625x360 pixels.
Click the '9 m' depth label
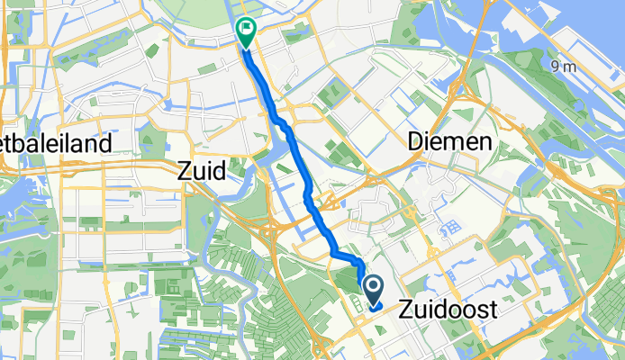(564, 67)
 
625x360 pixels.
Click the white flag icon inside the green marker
(245, 28)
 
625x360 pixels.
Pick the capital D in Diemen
(416, 141)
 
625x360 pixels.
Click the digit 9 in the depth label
(557, 67)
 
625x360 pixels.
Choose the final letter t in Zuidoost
(494, 310)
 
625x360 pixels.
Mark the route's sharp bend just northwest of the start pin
(359, 262)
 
